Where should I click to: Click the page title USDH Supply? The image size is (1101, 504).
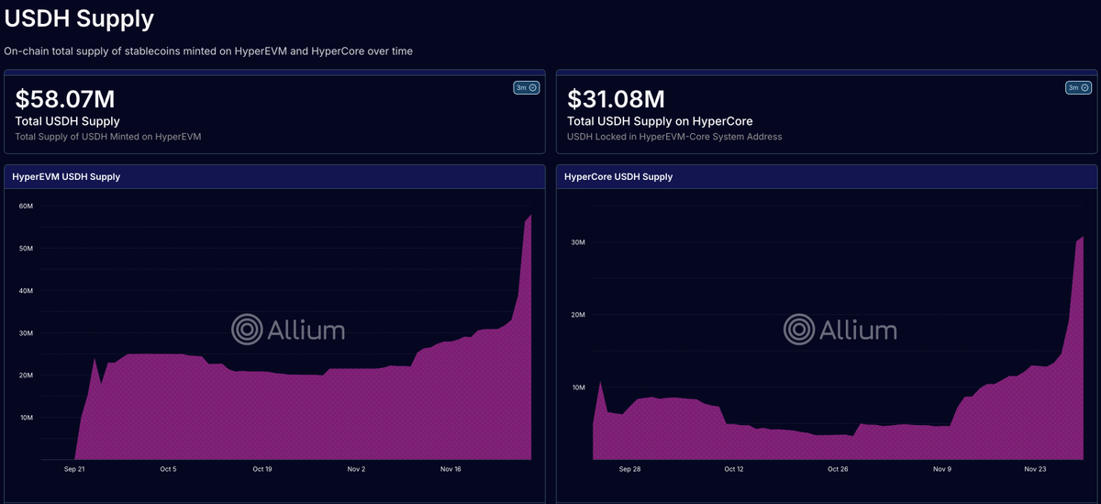[x=79, y=17]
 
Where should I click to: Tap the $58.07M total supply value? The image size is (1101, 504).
[x=65, y=99]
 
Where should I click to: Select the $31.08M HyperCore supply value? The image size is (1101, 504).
[x=616, y=99]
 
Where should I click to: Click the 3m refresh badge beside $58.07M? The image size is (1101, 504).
[x=527, y=88]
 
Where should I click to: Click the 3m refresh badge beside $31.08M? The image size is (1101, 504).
[x=1078, y=88]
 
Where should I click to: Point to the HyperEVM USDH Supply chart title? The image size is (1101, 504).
[x=66, y=176]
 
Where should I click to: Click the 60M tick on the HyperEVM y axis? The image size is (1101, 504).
[x=27, y=206]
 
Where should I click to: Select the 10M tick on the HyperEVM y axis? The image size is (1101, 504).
[x=27, y=418]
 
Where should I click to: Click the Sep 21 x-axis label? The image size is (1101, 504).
[x=74, y=469]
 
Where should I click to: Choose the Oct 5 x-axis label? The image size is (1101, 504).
[x=168, y=469]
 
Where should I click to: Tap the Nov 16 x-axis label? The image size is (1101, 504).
[x=450, y=469]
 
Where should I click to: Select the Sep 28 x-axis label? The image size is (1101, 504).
[x=630, y=469]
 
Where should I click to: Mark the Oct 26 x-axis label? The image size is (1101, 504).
[x=838, y=469]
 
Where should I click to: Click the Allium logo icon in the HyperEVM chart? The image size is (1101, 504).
[x=247, y=329]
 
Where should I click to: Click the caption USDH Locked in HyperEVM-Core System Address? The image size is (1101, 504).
[x=674, y=137]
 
